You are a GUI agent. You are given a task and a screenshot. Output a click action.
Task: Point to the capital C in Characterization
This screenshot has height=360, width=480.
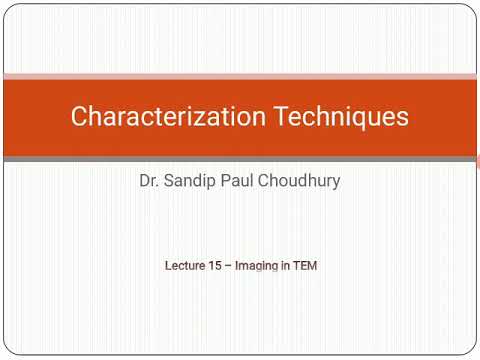(x=80, y=117)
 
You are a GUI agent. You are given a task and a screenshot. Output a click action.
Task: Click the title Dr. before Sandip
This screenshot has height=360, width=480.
(x=151, y=183)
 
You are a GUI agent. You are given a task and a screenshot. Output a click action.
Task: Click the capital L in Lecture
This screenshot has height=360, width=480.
(x=168, y=267)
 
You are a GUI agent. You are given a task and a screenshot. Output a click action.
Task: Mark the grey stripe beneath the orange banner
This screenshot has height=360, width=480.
(x=240, y=158)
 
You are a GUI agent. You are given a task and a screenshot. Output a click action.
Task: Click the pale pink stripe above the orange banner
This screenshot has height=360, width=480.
(x=240, y=76)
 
